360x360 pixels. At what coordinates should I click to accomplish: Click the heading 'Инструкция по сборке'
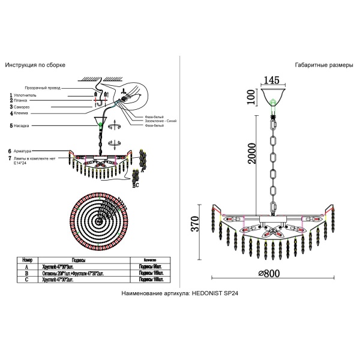tap(35, 64)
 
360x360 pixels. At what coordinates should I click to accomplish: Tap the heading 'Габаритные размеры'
tap(324, 64)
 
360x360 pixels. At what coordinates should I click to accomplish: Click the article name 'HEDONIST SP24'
tap(217, 294)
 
